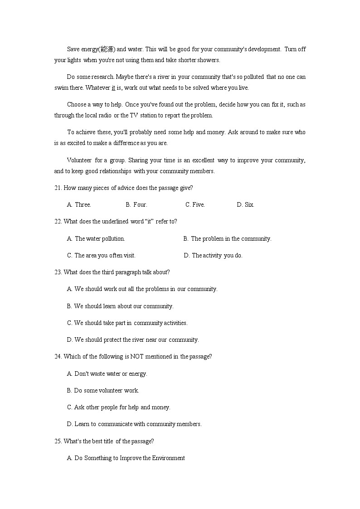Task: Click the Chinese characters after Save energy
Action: [108, 49]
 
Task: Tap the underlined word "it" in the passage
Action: [113, 87]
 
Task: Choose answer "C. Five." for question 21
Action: [195, 204]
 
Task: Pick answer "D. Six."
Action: [245, 204]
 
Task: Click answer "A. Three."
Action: [79, 204]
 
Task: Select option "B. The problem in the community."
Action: [227, 238]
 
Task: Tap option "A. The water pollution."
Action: [96, 238]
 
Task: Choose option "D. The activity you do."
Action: [213, 255]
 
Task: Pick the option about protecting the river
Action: [133, 339]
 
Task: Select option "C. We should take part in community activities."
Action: [127, 323]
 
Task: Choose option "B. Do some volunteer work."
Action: [103, 390]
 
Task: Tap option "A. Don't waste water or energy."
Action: [107, 373]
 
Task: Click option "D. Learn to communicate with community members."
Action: [134, 424]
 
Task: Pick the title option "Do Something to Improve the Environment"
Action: [126, 458]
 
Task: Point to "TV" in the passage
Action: [134, 115]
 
